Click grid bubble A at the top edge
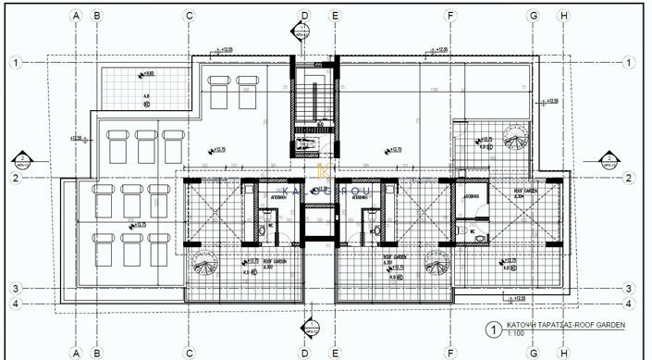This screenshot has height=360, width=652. point(76,16)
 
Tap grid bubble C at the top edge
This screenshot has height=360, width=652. point(189,16)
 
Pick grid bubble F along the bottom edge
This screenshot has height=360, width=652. point(450,352)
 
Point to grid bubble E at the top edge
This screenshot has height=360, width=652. point(335,16)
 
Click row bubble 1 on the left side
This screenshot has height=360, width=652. point(16,62)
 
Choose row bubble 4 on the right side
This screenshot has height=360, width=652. point(628,302)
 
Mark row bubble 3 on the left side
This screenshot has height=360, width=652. point(16,287)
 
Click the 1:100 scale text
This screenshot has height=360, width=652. point(514,334)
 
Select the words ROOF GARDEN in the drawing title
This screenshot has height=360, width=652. point(598,326)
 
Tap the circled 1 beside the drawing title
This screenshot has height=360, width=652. point(495,328)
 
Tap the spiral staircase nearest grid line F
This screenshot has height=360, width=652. point(437,267)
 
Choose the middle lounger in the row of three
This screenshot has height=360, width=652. point(145,146)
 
